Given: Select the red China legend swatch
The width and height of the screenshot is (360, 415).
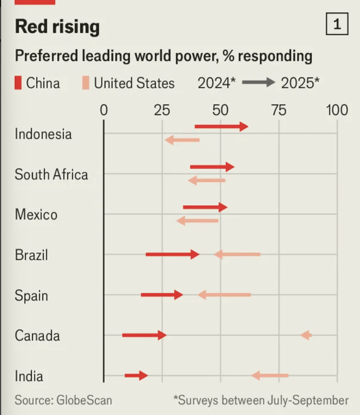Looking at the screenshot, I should [x=19, y=83].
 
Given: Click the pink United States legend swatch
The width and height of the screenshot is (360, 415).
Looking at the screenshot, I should [x=85, y=83].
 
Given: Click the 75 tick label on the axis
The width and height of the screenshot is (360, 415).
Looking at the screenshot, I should [x=278, y=110].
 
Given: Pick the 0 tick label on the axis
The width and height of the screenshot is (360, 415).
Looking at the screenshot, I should [x=103, y=110].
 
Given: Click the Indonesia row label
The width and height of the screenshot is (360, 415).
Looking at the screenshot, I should [x=43, y=134].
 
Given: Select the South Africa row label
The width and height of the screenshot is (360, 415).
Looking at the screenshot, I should [x=51, y=174].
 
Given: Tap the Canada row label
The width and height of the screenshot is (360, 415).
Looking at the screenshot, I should [x=37, y=336].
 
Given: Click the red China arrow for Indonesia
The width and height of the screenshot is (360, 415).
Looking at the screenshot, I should [x=221, y=127].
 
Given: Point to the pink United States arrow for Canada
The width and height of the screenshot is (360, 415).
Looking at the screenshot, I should [x=306, y=335].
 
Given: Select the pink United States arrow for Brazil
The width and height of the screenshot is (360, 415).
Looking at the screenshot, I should [x=237, y=254].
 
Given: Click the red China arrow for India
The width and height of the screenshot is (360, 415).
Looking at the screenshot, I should [x=136, y=375].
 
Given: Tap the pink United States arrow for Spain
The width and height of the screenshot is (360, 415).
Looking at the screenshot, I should [x=224, y=295].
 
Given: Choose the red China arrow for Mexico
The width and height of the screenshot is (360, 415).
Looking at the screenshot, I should [x=205, y=207].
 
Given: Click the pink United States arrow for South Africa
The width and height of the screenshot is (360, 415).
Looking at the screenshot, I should [x=206, y=181].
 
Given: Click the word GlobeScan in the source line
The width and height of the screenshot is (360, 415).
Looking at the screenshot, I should [x=84, y=400].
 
